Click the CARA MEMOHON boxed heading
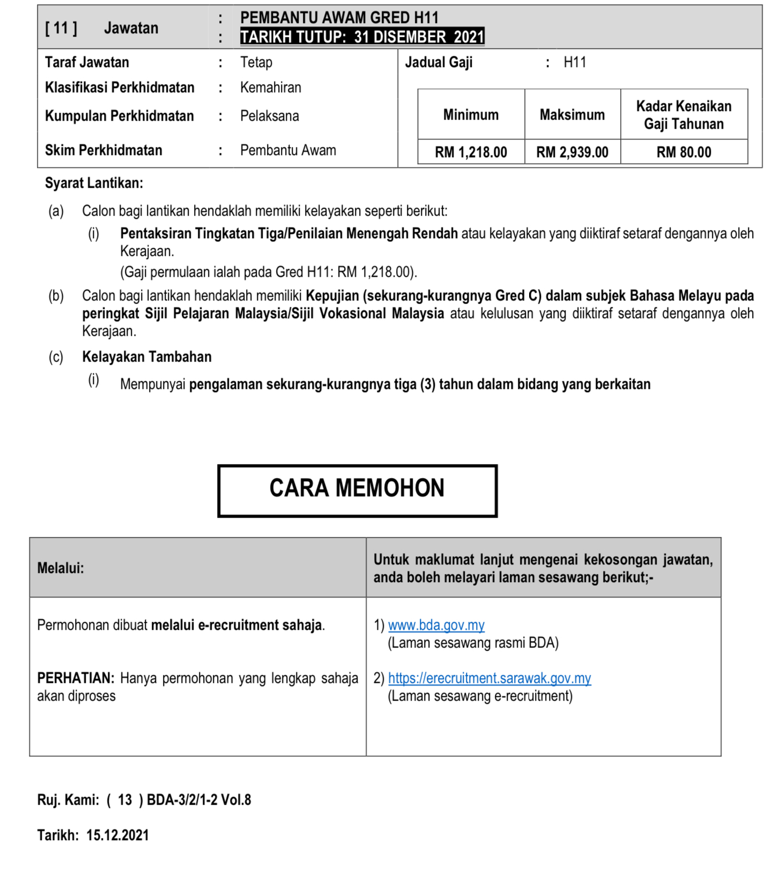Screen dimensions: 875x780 click(357, 490)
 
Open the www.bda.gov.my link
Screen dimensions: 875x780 click(436, 625)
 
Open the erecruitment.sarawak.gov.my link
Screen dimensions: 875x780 click(489, 678)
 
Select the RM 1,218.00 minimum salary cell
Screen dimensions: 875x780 click(471, 152)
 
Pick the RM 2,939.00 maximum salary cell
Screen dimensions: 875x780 click(572, 152)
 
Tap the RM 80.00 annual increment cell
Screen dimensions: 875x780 click(684, 152)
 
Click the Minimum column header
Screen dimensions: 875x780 click(471, 115)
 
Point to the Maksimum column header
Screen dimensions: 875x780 click(572, 115)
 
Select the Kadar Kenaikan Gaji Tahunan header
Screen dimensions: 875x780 click(684, 115)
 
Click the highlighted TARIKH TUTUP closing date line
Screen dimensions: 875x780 click(362, 37)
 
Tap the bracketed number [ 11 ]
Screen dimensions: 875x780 click(61, 28)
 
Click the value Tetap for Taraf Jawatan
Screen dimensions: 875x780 click(256, 62)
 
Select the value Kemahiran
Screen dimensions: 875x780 click(271, 87)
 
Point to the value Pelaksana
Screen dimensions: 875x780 click(270, 116)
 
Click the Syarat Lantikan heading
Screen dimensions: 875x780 click(94, 183)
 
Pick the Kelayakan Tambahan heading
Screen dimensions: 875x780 click(146, 357)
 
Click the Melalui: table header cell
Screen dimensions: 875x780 click(61, 568)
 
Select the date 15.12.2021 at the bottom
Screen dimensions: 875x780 click(117, 835)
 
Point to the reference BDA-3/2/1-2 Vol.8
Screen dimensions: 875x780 click(199, 800)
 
